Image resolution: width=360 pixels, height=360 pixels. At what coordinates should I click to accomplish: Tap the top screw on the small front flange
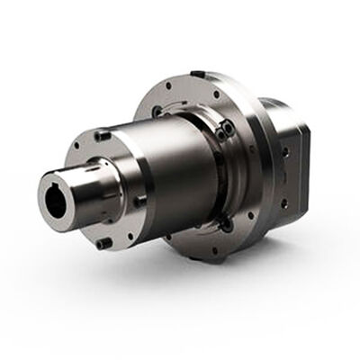[x=103, y=135]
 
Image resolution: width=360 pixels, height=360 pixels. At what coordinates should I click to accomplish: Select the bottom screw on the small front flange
[x=105, y=243]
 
